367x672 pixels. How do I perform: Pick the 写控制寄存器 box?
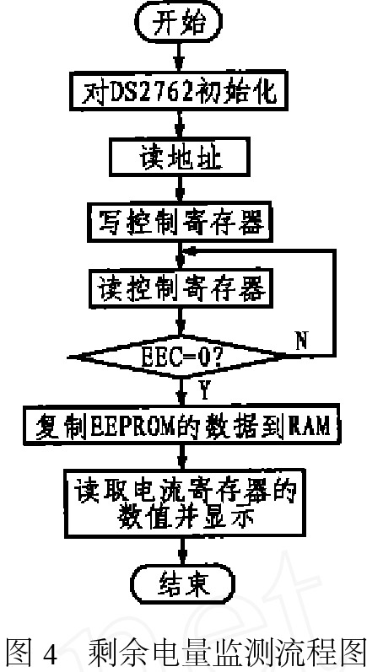pyautogui.click(x=180, y=223)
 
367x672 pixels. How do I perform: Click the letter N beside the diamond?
pyautogui.click(x=302, y=342)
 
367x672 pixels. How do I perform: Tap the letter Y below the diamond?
pyautogui.click(x=204, y=390)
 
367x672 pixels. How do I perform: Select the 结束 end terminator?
pyautogui.click(x=185, y=583)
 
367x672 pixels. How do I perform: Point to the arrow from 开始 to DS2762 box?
pyautogui.click(x=180, y=56)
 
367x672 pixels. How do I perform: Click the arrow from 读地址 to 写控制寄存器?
pyautogui.click(x=180, y=191)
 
